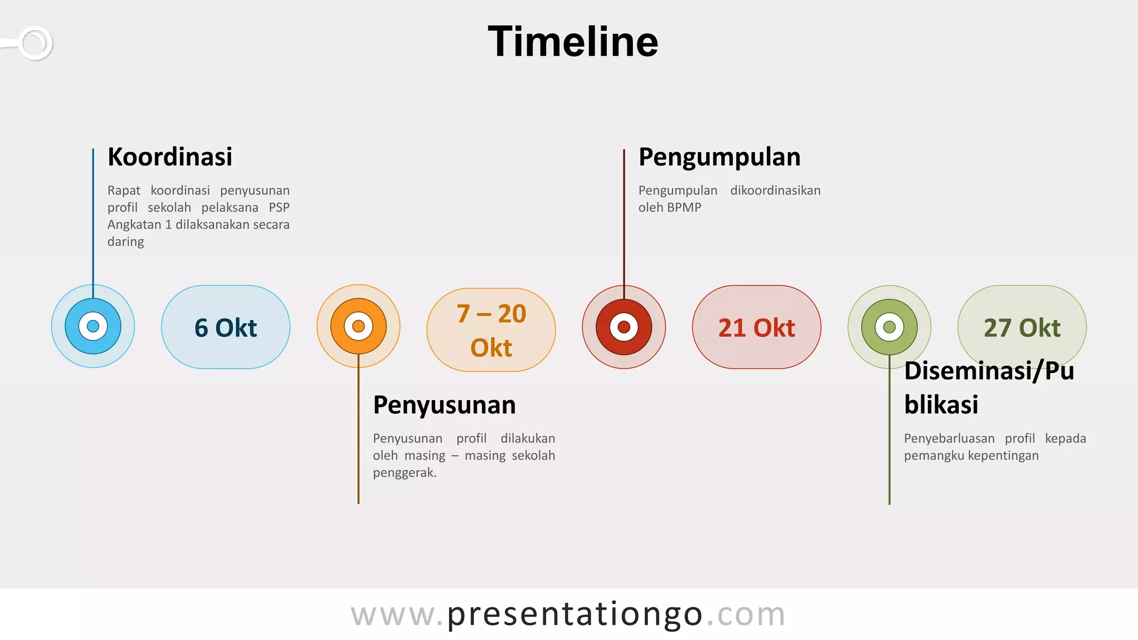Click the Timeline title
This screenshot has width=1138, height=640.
tap(573, 42)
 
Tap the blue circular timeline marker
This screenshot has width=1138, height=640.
tap(93, 326)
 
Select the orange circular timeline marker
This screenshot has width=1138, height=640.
tap(358, 326)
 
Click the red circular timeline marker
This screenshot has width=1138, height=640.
tap(623, 327)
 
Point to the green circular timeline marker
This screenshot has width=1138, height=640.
tap(889, 327)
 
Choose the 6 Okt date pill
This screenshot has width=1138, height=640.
tap(226, 327)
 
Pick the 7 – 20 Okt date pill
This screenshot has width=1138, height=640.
tap(491, 329)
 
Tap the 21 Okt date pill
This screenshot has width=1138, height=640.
tap(756, 327)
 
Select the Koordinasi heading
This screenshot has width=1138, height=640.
tap(170, 157)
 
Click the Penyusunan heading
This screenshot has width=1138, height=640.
tap(445, 405)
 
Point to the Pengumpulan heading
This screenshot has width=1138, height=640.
tap(720, 157)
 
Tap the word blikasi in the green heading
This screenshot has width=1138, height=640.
tap(941, 404)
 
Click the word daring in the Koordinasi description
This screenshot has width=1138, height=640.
tap(126, 242)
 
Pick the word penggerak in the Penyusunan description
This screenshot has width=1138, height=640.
tap(404, 473)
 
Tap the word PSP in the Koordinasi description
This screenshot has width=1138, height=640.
tap(279, 207)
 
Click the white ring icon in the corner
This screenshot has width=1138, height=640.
tap(35, 43)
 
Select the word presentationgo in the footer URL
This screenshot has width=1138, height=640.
tap(575, 614)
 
